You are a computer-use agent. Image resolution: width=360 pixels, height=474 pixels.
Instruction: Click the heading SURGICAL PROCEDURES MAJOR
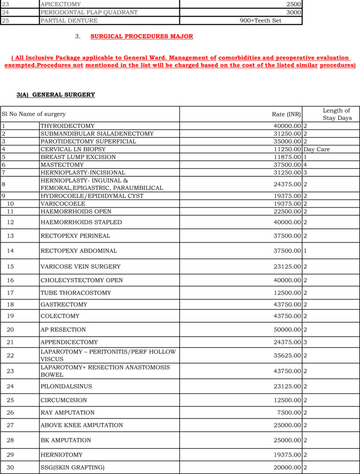[x=142, y=36]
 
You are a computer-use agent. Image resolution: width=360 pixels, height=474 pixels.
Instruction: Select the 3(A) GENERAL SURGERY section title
[x=56, y=95]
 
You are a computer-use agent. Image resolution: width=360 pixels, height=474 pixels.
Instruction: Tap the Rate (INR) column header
[x=286, y=114]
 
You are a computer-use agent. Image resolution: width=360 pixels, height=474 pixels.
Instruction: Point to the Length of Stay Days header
[x=337, y=114]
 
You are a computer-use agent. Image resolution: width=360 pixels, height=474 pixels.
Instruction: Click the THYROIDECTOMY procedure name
[x=68, y=126]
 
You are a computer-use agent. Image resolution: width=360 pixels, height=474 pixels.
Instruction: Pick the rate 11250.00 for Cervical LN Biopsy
[x=287, y=150]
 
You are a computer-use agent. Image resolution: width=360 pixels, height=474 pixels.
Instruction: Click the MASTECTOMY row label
[x=62, y=165]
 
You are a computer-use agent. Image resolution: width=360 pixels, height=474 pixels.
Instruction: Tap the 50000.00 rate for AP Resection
[x=287, y=330]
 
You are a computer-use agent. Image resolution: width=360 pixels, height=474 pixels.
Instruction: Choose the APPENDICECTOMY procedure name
[x=69, y=342]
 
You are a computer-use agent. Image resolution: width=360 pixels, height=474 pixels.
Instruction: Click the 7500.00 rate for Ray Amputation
[x=289, y=412]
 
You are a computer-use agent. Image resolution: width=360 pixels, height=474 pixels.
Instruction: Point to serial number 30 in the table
[x=10, y=468]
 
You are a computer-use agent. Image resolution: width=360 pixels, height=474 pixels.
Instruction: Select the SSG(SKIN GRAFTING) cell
[x=73, y=468]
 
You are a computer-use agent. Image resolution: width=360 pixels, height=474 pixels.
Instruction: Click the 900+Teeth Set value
[x=261, y=21]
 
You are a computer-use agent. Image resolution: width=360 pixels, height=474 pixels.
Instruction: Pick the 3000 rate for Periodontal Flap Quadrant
[x=293, y=12]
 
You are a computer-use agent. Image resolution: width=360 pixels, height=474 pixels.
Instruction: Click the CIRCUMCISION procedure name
[x=63, y=400]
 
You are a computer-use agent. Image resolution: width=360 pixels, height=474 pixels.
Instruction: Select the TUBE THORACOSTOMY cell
[x=76, y=293]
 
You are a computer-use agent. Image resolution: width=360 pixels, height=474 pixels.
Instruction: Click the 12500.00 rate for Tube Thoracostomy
[x=287, y=293]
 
